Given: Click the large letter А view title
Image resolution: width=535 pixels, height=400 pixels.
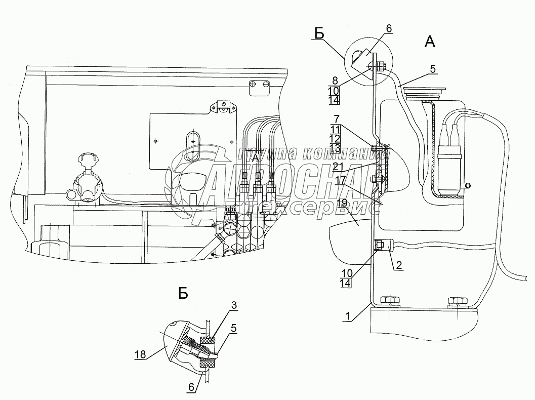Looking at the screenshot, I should point(429,43).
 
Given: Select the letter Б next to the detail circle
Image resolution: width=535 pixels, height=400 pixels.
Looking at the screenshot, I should point(319,33).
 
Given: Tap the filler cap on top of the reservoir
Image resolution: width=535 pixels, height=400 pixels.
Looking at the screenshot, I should point(426,92).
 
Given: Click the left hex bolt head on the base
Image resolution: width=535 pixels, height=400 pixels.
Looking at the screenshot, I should point(389,300).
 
